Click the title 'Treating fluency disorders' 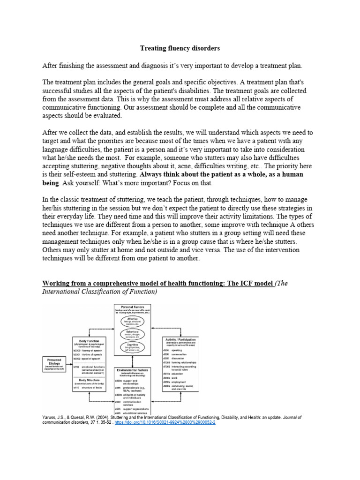coord(180,48)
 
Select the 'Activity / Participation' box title coord(180,339)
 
